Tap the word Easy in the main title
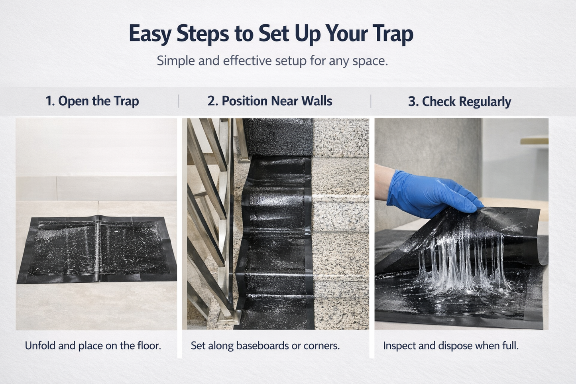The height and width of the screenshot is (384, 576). (x=150, y=33)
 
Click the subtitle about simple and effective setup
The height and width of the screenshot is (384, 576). (x=272, y=61)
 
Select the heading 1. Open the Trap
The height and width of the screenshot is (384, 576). (x=92, y=101)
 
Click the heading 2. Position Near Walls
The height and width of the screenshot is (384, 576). (x=269, y=101)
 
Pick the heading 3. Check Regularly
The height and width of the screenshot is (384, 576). (x=459, y=102)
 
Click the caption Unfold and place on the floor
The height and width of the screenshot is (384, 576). (x=93, y=345)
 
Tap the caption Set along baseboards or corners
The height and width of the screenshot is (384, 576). (x=265, y=345)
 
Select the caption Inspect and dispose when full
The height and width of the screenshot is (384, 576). (x=451, y=345)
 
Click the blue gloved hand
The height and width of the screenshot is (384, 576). (x=427, y=193)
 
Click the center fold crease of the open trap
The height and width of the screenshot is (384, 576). (x=98, y=249)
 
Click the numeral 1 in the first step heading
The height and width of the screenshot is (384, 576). (x=49, y=101)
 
